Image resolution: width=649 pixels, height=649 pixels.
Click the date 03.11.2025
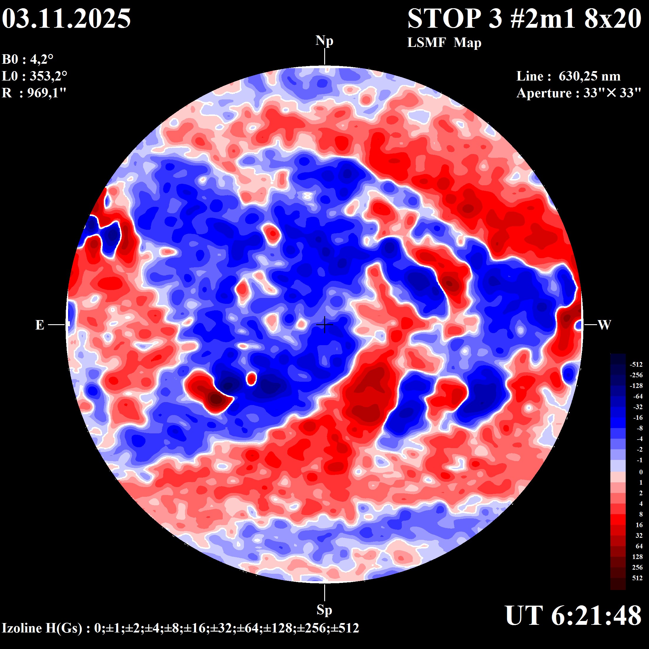pyautogui.click(x=66, y=19)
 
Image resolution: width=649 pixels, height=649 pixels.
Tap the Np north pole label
pyautogui.click(x=324, y=41)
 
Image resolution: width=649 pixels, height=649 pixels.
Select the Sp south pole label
pyautogui.click(x=324, y=610)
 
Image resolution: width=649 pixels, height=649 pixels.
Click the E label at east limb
pyautogui.click(x=40, y=325)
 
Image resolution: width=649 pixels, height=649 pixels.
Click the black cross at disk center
pyautogui.click(x=324, y=325)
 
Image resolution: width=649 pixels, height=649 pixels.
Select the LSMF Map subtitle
pyautogui.click(x=444, y=43)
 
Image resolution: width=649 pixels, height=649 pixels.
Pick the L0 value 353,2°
pyautogui.click(x=48, y=76)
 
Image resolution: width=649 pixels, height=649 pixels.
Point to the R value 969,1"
pyautogui.click(x=47, y=93)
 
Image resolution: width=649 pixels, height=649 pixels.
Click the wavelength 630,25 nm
pyautogui.click(x=589, y=76)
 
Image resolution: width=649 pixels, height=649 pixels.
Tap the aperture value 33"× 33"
pyautogui.click(x=612, y=93)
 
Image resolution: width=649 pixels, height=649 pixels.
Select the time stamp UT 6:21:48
pyautogui.click(x=573, y=615)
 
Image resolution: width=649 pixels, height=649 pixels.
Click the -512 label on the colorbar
pyautogui.click(x=636, y=365)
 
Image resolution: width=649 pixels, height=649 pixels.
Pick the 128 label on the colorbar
pyautogui.click(x=637, y=557)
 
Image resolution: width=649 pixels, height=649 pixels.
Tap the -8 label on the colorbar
pyautogui.click(x=639, y=428)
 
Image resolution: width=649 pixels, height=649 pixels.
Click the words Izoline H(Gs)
pyautogui.click(x=42, y=628)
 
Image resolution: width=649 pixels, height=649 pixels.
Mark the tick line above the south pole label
pyautogui.click(x=324, y=593)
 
